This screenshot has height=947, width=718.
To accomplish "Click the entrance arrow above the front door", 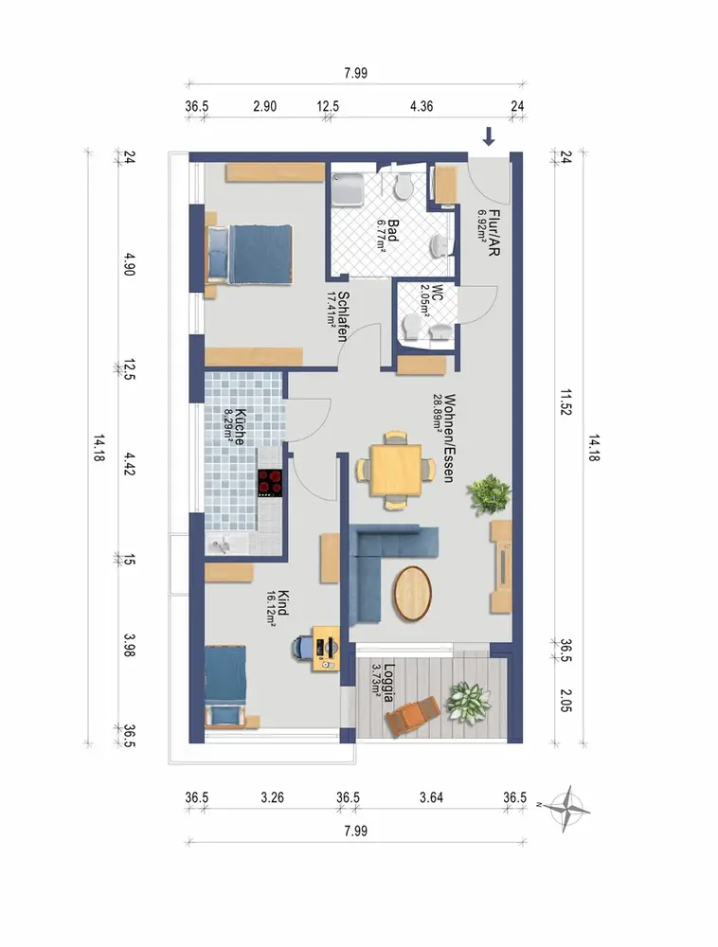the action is click(x=489, y=136).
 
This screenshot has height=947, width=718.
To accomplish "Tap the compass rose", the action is click(x=567, y=808).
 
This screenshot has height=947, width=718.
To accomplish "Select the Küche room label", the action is click(x=239, y=427).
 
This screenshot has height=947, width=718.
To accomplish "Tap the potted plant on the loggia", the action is click(x=467, y=702).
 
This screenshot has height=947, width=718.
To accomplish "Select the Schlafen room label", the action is click(x=342, y=316).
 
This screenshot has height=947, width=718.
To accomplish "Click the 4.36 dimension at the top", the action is click(x=422, y=106).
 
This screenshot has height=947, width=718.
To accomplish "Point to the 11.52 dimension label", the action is click(x=565, y=402).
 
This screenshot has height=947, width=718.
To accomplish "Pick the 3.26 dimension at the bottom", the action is click(x=273, y=797).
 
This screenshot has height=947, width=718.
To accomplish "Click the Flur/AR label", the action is click(x=494, y=233).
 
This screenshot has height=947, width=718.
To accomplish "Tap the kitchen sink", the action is click(x=221, y=545).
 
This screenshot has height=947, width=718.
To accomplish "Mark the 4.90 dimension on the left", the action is click(x=128, y=264).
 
